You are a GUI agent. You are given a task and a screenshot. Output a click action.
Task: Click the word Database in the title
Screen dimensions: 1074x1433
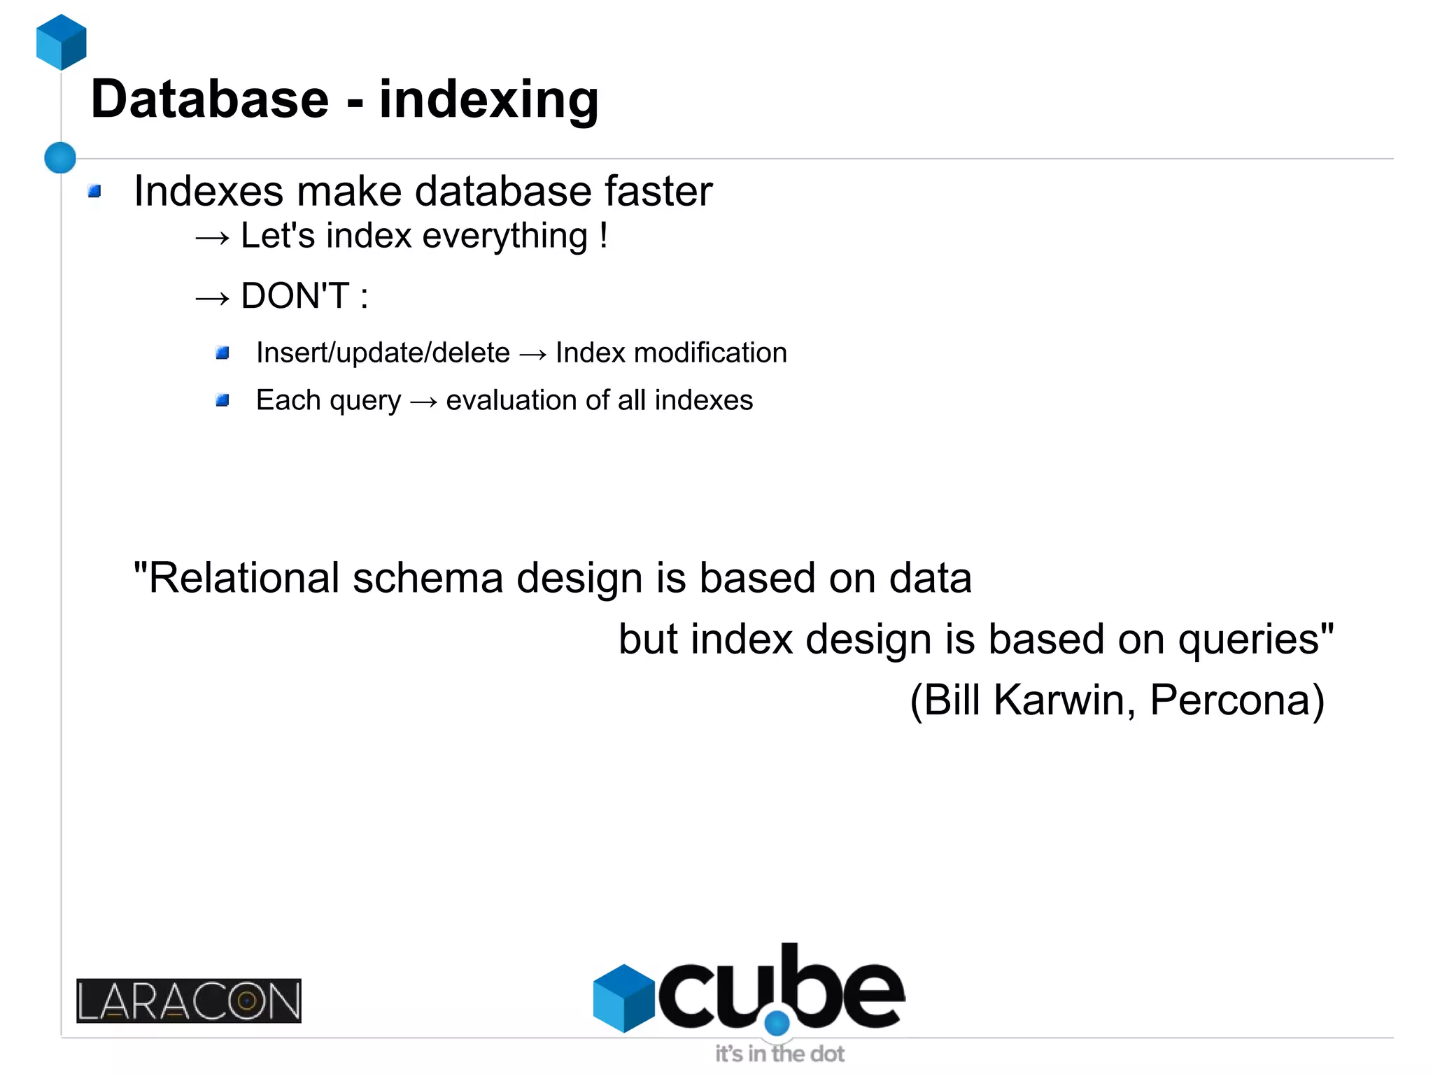pos(209,99)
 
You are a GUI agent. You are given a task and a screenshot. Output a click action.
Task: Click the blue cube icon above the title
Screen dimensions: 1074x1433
pos(62,42)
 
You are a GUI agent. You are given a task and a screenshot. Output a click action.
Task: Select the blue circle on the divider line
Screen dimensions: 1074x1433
pos(60,157)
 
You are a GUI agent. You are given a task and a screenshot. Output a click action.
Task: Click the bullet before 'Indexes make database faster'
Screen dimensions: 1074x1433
pos(94,191)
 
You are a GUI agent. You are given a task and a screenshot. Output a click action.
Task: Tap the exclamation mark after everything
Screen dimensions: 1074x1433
pos(603,235)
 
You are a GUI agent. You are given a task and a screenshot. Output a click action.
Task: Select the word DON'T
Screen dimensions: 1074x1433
pos(295,296)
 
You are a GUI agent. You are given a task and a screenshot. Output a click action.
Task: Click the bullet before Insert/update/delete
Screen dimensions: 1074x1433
pos(223,353)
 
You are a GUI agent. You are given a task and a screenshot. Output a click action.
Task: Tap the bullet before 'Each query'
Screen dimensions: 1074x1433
pos(223,400)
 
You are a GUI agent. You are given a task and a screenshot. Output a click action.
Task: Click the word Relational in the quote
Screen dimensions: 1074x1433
pos(244,579)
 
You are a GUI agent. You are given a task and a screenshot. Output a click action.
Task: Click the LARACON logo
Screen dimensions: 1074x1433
pos(189,1001)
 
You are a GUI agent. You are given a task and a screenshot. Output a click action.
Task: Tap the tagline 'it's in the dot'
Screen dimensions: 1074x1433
pos(779,1054)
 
